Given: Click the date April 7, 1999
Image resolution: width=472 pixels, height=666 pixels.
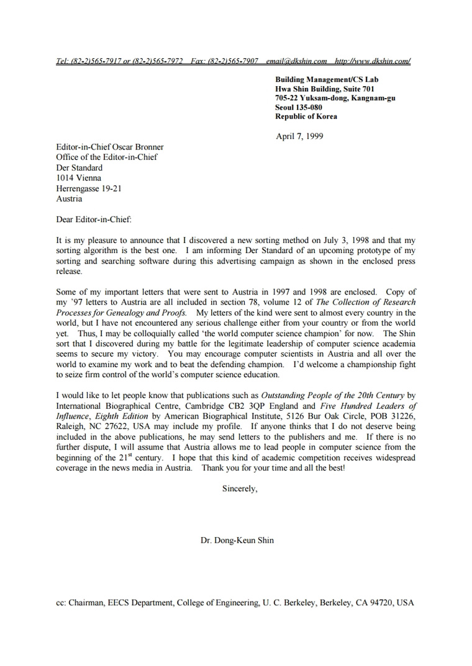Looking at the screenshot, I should pyautogui.click(x=299, y=136).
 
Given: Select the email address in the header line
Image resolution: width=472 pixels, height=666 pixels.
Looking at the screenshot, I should pyautogui.click(x=296, y=61).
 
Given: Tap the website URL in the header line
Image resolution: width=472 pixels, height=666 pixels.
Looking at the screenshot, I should pyautogui.click(x=373, y=61).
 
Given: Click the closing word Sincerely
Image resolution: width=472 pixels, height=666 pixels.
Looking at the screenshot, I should pyautogui.click(x=240, y=489).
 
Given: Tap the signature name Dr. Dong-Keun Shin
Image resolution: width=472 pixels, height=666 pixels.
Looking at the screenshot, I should pyautogui.click(x=237, y=540).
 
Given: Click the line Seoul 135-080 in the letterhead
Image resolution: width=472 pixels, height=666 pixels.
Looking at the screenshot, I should pyautogui.click(x=299, y=107).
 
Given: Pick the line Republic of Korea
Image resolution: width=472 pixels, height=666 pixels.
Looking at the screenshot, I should pyautogui.click(x=306, y=117).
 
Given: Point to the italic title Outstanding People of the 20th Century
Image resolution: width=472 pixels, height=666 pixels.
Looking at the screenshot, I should pyautogui.click(x=333, y=395).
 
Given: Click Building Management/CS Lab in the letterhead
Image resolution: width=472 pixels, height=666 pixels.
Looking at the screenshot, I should pyautogui.click(x=327, y=79).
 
